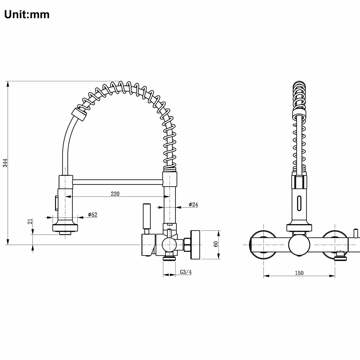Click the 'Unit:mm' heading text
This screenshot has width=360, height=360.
tap(27, 15)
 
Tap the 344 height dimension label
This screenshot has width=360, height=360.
tap(5, 163)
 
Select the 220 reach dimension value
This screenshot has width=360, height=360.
tap(115, 194)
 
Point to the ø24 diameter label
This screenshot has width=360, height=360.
tap(193, 205)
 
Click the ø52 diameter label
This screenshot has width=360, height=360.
tap(92, 215)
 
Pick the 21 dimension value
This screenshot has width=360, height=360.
tap(30, 221)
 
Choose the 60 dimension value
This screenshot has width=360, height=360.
tap(216, 244)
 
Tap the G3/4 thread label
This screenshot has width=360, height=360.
tap(186, 272)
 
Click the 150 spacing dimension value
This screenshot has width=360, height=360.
tap(299, 273)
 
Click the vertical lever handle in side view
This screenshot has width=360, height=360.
tap(147, 216)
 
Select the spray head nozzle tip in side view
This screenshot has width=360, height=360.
tap(65, 233)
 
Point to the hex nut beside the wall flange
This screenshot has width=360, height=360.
tap(187, 244)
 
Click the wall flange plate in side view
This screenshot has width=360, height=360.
tap(195, 245)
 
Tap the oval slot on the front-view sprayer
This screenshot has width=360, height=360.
tap(299, 203)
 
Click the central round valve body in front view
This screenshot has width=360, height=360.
tap(299, 245)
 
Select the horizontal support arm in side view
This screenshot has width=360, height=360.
tap(118, 182)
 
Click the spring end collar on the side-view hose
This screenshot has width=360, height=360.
tap(79, 114)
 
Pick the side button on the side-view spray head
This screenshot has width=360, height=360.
tap(56, 203)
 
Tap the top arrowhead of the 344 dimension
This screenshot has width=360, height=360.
tap(8, 84)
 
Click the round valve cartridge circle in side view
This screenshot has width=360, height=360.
tap(169, 245)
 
